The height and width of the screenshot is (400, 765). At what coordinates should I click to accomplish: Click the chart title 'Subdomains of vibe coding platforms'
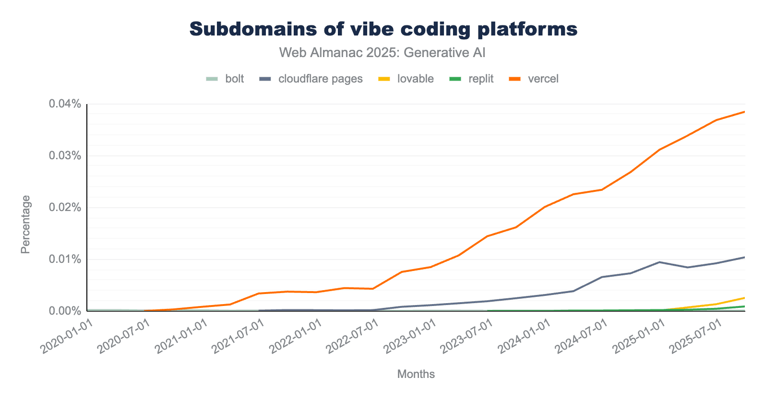pos(383,29)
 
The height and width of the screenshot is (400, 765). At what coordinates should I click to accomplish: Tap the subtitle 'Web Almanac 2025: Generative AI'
pos(382,52)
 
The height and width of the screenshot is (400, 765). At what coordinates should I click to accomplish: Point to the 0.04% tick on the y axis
pos(64,104)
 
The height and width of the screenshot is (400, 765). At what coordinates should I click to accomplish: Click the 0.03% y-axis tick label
pos(64,156)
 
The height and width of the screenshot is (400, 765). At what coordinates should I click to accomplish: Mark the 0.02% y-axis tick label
pos(64,208)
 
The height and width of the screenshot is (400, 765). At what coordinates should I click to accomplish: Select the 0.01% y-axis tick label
pos(64,259)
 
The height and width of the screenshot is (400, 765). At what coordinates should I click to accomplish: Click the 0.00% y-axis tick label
pos(64,311)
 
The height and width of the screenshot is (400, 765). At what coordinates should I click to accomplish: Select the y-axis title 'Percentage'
pos(25,224)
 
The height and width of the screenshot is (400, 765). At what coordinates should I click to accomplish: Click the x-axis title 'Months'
pos(416,374)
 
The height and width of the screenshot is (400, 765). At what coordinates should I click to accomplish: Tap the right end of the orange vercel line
pos(744,112)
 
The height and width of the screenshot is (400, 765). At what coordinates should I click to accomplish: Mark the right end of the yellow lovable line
pos(744,298)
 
